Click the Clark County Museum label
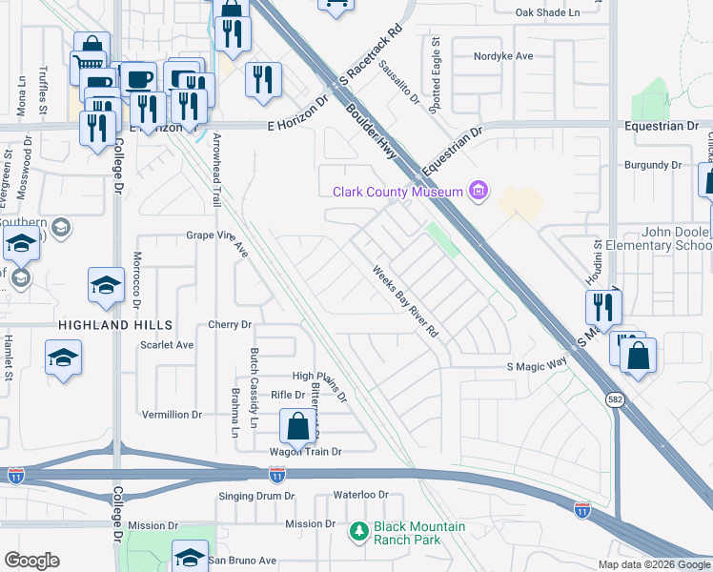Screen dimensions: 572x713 [x=397, y=193]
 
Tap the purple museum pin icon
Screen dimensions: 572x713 [x=478, y=193]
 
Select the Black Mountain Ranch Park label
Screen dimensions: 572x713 [x=419, y=532]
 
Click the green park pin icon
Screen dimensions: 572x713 [x=359, y=530]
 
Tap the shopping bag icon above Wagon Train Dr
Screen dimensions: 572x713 [x=297, y=425]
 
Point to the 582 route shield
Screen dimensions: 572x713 [x=618, y=401]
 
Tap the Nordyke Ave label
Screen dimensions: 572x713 [x=503, y=56]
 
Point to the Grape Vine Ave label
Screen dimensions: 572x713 [x=216, y=235]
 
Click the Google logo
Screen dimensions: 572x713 [x=31, y=561]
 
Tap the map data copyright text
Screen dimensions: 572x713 [x=653, y=564]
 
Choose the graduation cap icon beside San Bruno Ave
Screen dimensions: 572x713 [x=190, y=555]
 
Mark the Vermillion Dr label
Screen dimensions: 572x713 [x=172, y=415]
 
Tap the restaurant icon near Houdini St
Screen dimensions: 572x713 [x=602, y=306]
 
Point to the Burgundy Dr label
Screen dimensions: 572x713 [x=653, y=165]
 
